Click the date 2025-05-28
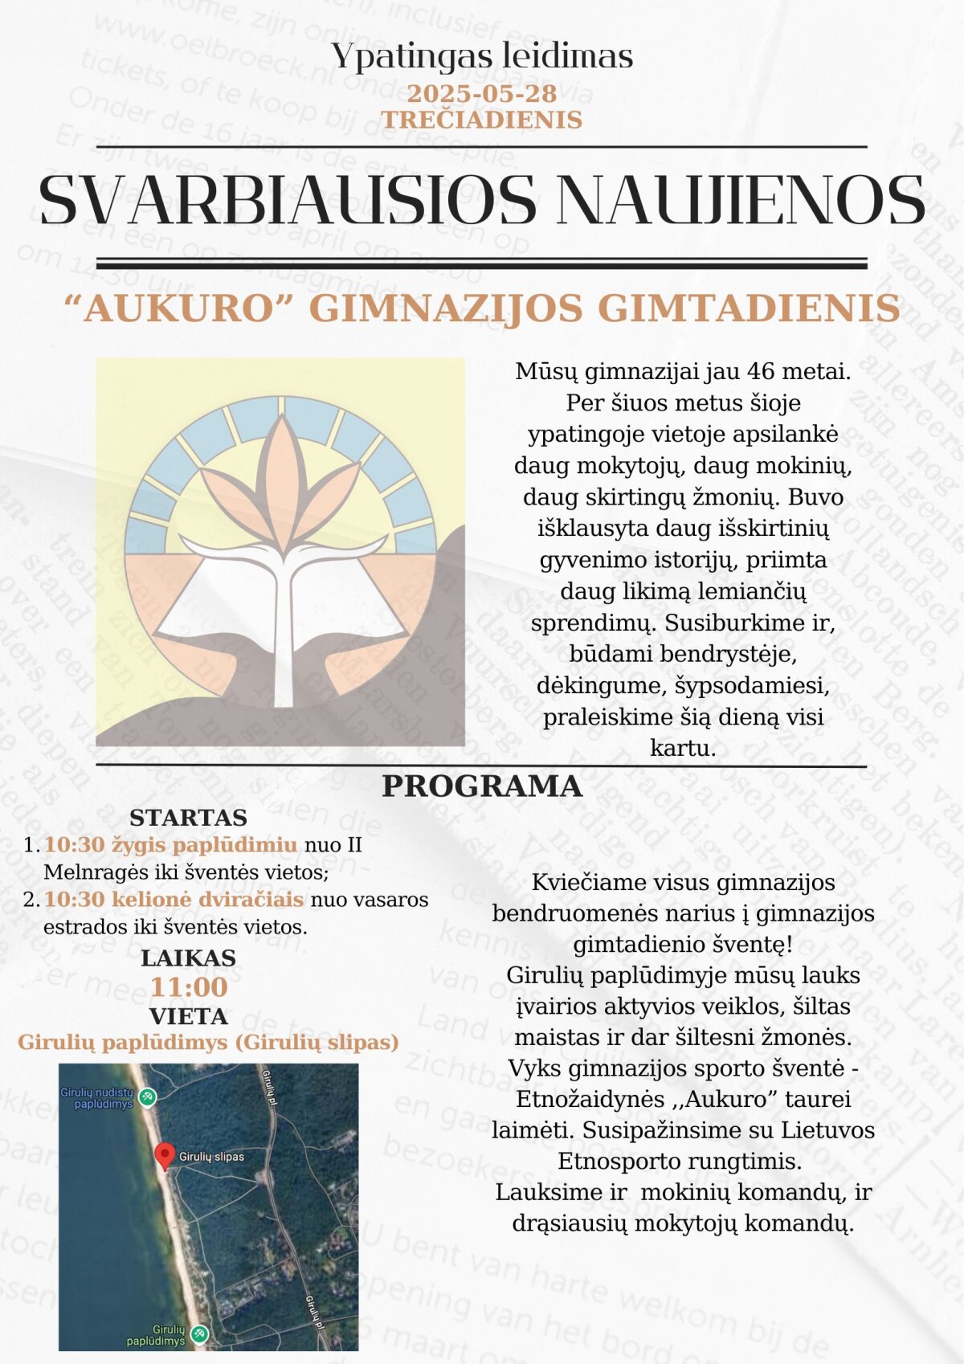click(481, 93)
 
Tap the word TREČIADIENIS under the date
click(481, 120)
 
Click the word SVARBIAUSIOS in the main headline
click(287, 200)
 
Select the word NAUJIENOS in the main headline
click(740, 200)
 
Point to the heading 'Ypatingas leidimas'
click(482, 56)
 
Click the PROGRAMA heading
click(481, 786)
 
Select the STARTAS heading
click(188, 818)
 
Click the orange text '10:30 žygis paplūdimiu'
click(170, 845)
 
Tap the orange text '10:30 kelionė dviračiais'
click(174, 900)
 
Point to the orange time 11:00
click(189, 987)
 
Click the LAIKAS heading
click(188, 958)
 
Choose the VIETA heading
click(188, 1016)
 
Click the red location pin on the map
click(164, 1154)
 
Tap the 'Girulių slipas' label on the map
click(211, 1157)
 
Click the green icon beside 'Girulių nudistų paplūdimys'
click(147, 1097)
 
